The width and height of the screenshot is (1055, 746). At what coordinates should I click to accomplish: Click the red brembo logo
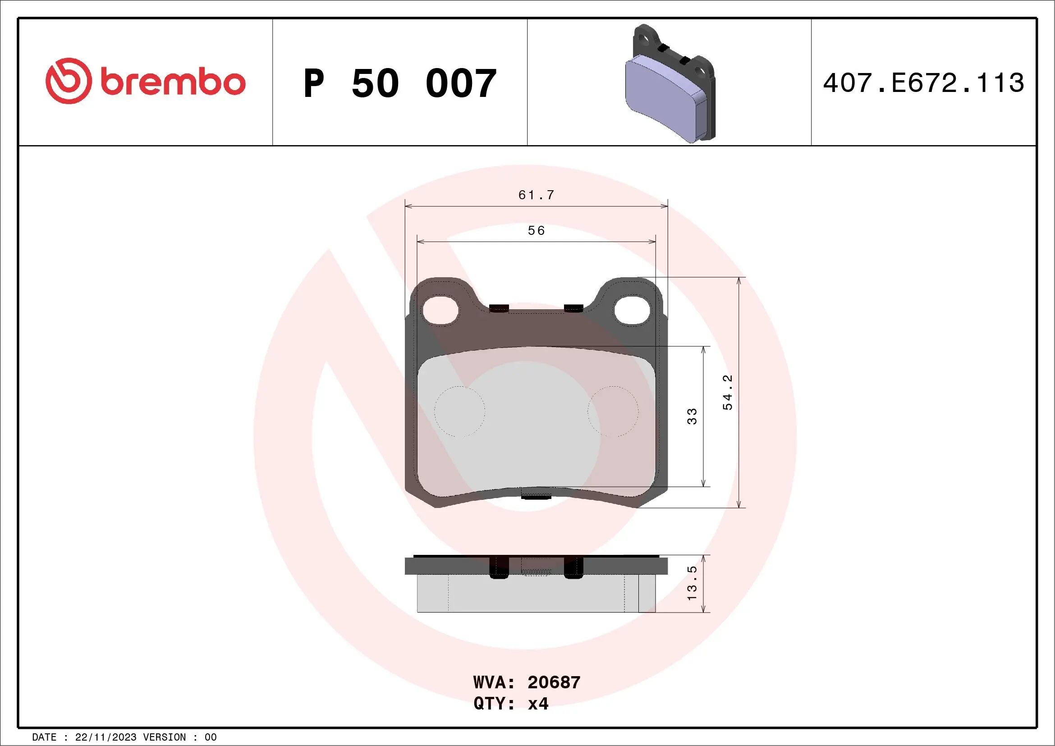145,81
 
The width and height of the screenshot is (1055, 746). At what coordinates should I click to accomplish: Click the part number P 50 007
399,83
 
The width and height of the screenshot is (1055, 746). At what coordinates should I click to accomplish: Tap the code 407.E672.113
923,83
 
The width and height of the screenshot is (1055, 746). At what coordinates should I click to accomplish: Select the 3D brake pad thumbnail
670,83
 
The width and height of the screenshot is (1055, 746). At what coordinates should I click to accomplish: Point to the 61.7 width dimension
536,195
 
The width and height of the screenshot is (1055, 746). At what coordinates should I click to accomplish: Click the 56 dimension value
536,231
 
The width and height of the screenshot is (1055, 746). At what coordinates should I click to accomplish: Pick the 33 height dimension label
692,416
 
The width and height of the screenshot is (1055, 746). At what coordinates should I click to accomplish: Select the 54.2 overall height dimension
727,392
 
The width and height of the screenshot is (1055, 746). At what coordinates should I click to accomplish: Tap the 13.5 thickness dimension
692,583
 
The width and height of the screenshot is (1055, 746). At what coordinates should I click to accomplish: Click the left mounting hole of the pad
440,310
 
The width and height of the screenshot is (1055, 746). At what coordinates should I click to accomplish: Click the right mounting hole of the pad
632,310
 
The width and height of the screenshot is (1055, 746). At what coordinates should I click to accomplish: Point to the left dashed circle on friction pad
459,411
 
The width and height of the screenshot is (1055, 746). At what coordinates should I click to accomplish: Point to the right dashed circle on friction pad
613,411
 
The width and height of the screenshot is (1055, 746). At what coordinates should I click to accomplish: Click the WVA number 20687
554,682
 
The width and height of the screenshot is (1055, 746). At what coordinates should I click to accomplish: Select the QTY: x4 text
510,703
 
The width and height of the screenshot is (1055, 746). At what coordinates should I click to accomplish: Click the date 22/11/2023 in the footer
105,737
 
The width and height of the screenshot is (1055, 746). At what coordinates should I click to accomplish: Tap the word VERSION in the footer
164,737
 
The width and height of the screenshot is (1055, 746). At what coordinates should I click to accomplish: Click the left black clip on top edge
499,308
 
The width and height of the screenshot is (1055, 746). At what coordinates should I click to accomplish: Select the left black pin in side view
499,568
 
